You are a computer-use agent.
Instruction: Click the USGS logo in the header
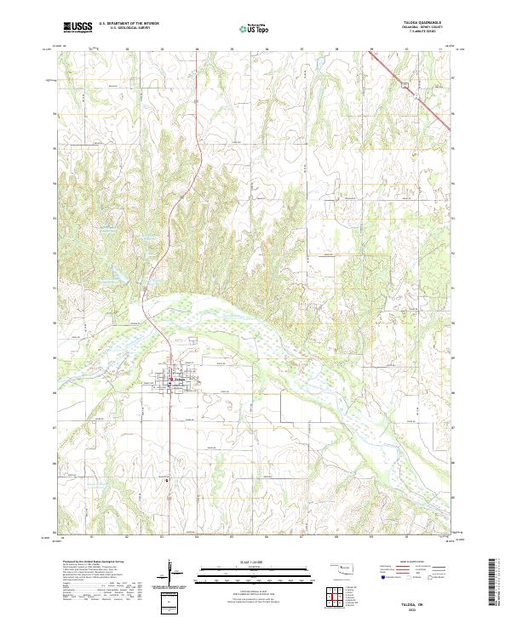pyautogui.click(x=78, y=27)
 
